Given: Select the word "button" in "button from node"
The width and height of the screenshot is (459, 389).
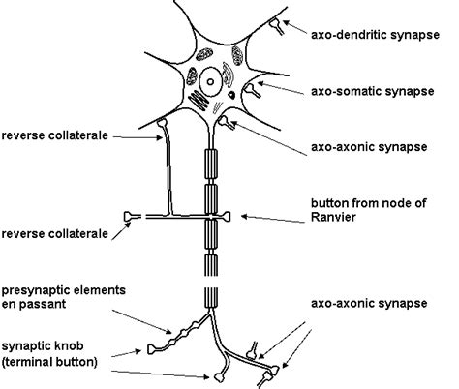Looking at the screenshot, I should click(329, 203).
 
